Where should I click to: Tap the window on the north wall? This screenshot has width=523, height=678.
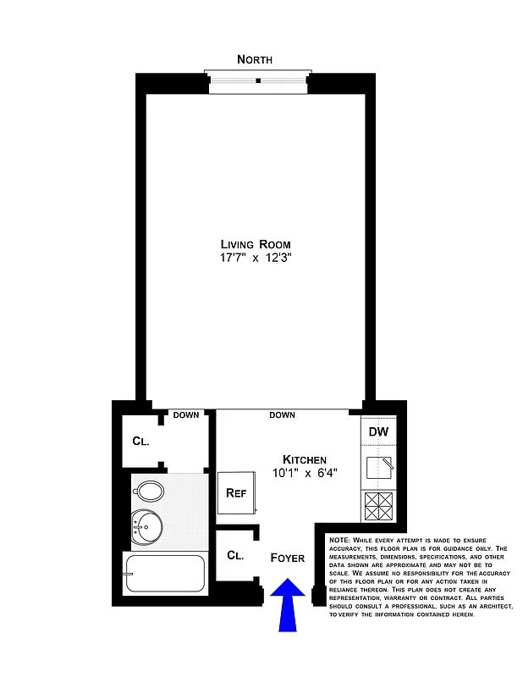(x=258, y=81)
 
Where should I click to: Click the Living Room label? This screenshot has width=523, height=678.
(x=256, y=244)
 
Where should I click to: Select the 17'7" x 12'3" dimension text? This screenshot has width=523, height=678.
(x=256, y=258)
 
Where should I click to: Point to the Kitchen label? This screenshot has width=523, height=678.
(x=304, y=458)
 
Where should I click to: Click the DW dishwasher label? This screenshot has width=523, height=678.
(x=378, y=432)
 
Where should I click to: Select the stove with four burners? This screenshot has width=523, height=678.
(x=378, y=507)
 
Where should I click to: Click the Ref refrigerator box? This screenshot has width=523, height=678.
(x=234, y=493)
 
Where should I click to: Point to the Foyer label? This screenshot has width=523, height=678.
(x=287, y=558)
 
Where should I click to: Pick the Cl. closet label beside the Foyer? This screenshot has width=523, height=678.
(x=235, y=556)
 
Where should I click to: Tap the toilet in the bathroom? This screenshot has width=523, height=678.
(x=150, y=491)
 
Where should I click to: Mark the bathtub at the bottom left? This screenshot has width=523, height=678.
(x=164, y=575)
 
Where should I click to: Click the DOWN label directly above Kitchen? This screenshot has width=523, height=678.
(x=282, y=415)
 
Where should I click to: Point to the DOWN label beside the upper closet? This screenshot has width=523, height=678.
(x=185, y=415)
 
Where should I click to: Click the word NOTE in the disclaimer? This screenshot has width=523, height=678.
(x=339, y=540)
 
